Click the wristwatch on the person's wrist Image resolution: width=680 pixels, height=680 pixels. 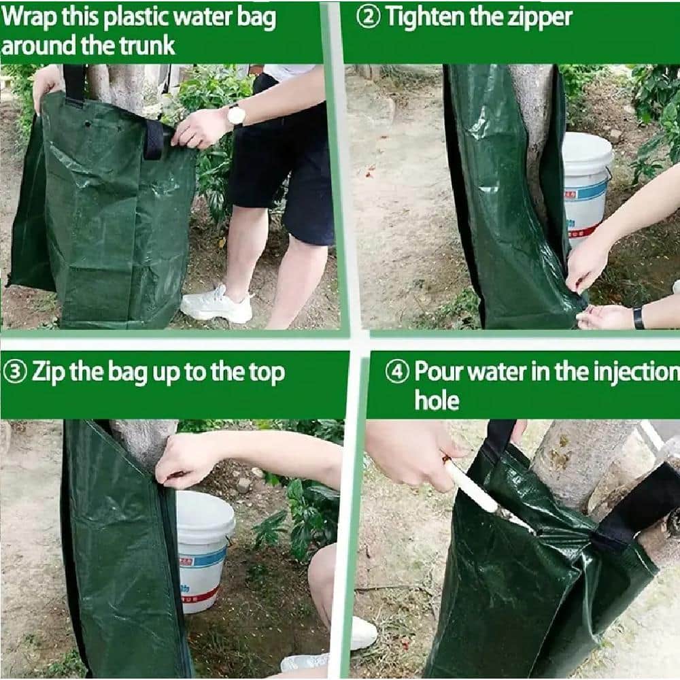coord(236,115)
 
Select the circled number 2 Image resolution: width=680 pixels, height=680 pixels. coord(369,18)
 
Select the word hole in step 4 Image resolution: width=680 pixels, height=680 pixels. coord(437,401)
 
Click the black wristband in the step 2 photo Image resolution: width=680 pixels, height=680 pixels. coord(639,318)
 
